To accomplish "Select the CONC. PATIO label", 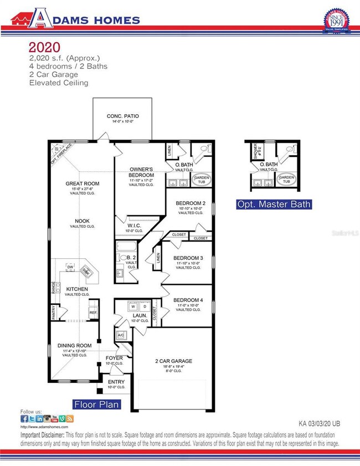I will (122, 116).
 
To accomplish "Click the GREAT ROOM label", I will (82, 183).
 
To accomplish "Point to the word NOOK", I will (82, 221).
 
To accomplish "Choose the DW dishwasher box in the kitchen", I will (70, 267).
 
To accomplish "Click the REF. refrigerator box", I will (93, 312).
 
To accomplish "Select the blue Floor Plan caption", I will (97, 404).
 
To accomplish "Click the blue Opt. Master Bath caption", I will (274, 204).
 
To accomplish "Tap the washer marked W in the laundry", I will (133, 306).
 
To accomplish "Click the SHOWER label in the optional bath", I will (256, 150).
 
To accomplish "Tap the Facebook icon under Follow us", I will (24, 419).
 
